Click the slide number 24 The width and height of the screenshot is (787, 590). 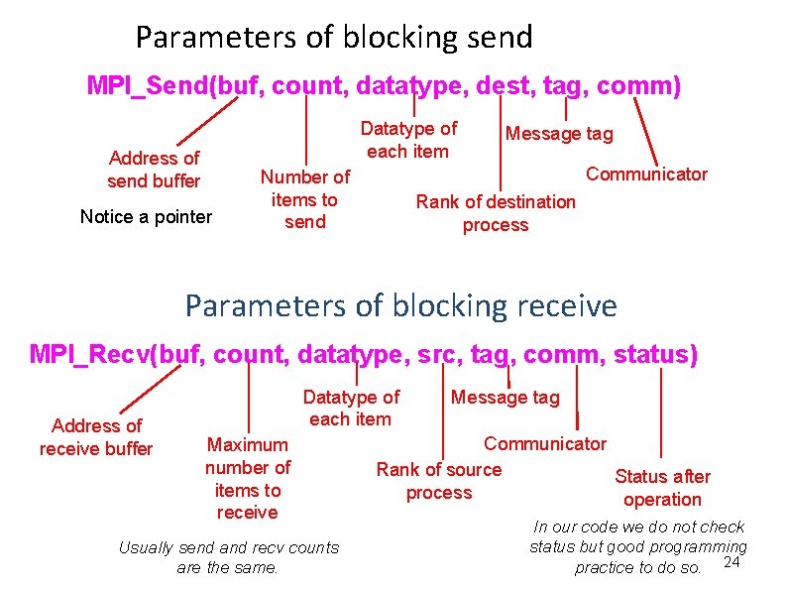(732, 563)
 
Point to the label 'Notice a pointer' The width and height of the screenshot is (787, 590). (146, 216)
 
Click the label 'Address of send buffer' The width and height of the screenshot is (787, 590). (154, 170)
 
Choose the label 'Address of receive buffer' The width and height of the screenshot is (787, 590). (96, 437)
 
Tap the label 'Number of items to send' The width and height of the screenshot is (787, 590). (304, 199)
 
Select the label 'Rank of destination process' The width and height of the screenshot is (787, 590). (496, 213)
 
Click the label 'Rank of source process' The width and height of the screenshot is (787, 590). (439, 481)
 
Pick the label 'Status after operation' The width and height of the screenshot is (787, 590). (662, 488)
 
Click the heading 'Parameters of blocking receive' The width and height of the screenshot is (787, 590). (400, 305)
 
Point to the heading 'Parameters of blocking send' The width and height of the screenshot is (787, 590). (334, 38)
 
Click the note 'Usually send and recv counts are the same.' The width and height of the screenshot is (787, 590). (228, 557)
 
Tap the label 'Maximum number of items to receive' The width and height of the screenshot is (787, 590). (248, 478)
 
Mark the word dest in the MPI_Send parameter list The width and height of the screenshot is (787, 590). (504, 86)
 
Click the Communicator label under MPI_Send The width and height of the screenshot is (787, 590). (646, 175)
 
